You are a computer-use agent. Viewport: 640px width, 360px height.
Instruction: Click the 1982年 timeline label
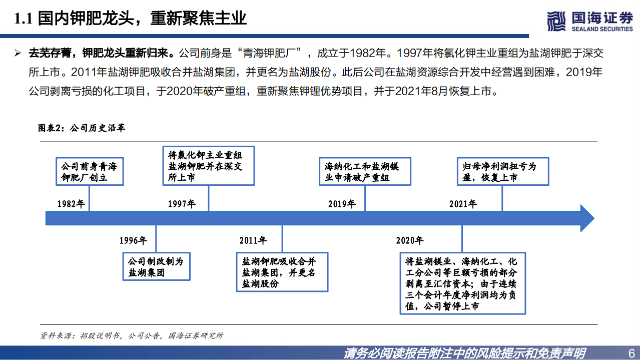tap(71, 204)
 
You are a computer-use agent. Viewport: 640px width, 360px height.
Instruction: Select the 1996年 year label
tap(133, 240)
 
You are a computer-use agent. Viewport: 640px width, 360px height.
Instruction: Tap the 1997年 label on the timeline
tap(182, 204)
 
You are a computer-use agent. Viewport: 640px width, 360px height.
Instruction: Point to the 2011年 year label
tap(253, 240)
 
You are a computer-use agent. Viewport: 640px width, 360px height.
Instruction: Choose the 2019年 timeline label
tap(342, 204)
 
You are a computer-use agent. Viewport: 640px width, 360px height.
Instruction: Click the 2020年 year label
tap(409, 240)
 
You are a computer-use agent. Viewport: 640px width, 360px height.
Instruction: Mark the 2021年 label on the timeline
tap(463, 204)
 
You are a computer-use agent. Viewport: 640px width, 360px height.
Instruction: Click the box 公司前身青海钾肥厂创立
tap(89, 172)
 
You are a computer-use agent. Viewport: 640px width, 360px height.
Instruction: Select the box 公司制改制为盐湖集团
tap(156, 266)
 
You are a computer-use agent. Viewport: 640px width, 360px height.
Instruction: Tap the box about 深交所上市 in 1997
tap(209, 166)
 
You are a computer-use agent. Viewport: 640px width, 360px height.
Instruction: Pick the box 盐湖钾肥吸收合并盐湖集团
tap(282, 272)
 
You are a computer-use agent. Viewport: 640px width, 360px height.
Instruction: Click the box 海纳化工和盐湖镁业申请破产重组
tap(364, 172)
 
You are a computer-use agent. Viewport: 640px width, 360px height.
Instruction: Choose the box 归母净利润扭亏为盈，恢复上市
tap(502, 172)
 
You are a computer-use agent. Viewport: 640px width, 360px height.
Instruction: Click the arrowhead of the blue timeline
tap(585, 218)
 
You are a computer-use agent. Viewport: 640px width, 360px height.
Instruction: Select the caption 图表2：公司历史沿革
tap(82, 128)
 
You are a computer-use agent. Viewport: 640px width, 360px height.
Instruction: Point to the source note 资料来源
tap(132, 335)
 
